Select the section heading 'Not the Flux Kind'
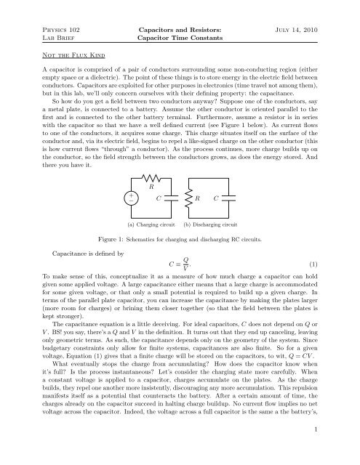pyautogui.click(x=54, y=42)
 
